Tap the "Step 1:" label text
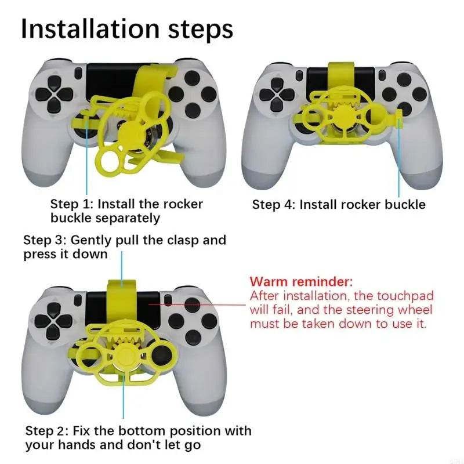[x=72, y=204]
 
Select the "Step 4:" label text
[x=274, y=205]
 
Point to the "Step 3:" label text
[x=45, y=240]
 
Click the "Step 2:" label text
[x=47, y=431]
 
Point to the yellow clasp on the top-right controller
[x=337, y=75]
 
